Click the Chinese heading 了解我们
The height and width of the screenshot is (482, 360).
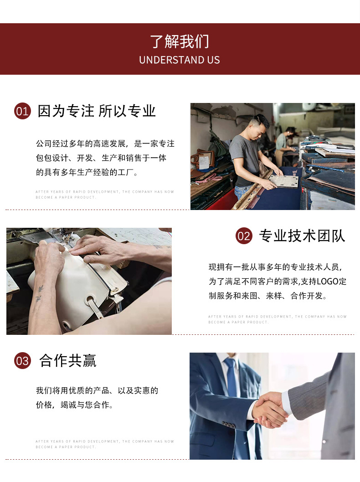(x=180, y=41)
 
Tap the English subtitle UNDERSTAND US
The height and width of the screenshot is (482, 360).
(x=180, y=60)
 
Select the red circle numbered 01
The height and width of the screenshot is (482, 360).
(x=22, y=111)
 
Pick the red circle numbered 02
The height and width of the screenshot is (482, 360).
(x=244, y=236)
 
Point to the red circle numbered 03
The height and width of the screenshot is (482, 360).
(x=22, y=361)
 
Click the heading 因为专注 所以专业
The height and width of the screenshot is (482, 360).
(x=97, y=111)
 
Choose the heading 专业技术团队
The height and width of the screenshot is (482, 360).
(x=302, y=236)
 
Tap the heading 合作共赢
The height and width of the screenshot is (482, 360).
(x=68, y=361)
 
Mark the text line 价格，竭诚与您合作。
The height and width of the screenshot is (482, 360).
(x=75, y=405)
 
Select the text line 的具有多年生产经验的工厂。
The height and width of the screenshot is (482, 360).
(x=87, y=173)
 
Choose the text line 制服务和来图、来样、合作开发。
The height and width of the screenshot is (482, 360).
(x=268, y=296)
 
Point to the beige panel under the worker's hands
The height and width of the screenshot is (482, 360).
(x=284, y=180)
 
